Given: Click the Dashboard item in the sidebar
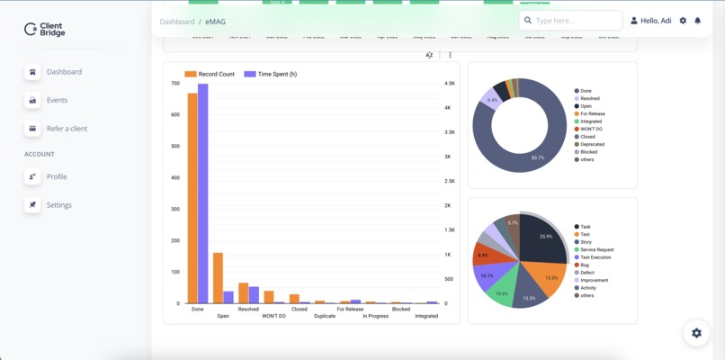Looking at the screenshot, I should point(63,72).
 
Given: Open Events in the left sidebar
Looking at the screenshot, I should point(57,100).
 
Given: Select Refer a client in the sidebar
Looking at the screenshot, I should point(67,129).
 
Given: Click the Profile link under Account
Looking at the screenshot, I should point(57,176).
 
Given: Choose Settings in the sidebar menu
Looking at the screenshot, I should point(58,205).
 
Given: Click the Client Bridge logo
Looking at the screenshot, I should point(45,30).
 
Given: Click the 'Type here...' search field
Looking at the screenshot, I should point(576,20).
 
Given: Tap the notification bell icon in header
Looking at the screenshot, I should point(697,21).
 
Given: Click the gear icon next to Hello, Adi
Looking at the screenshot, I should point(683,21).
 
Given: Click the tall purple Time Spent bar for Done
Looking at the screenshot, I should point(203,193).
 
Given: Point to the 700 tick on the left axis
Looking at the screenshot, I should point(175,84).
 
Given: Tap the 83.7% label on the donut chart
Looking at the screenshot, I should point(538,157).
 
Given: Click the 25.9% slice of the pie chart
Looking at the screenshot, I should point(545,236).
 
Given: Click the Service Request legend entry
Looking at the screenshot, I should point(597,249).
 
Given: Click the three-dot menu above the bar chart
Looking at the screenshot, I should point(450,55).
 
